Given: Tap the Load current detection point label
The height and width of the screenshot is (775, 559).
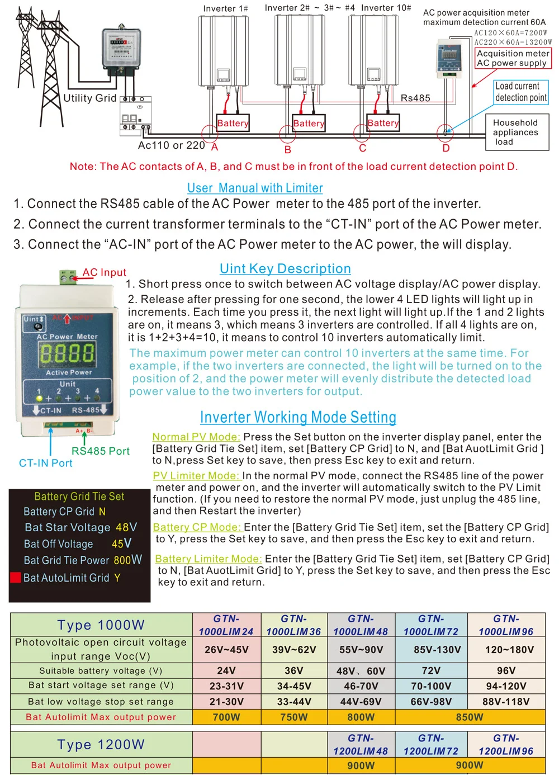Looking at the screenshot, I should [521, 92].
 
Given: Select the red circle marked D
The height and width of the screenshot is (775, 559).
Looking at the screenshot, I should [445, 133].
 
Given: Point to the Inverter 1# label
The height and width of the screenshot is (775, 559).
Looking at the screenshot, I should [225, 8].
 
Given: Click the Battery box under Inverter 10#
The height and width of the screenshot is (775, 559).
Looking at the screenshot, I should [383, 123].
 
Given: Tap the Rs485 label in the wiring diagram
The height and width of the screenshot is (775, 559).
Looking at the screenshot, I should [415, 98].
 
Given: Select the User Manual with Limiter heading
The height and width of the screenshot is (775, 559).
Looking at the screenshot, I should [255, 188].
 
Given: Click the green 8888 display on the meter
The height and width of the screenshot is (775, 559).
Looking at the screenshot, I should [67, 353].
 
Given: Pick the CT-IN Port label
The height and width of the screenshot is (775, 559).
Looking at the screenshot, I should [46, 463].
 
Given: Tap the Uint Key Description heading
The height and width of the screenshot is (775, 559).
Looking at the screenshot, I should [285, 269].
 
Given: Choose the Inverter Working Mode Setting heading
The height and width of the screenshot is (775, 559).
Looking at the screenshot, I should [298, 418].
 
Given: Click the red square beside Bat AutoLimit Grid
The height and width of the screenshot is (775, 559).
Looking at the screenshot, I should [16, 578].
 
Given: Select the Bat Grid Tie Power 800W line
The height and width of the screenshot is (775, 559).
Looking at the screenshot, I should [82, 560].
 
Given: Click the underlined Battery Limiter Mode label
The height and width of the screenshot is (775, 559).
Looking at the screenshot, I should [208, 559].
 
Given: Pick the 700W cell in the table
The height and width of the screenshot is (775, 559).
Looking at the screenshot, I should [226, 717].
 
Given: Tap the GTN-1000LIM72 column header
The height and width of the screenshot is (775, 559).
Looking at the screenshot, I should [431, 625].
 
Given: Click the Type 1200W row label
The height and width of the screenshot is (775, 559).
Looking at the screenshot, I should [101, 745].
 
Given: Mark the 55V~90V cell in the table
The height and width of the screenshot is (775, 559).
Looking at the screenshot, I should [361, 650].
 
